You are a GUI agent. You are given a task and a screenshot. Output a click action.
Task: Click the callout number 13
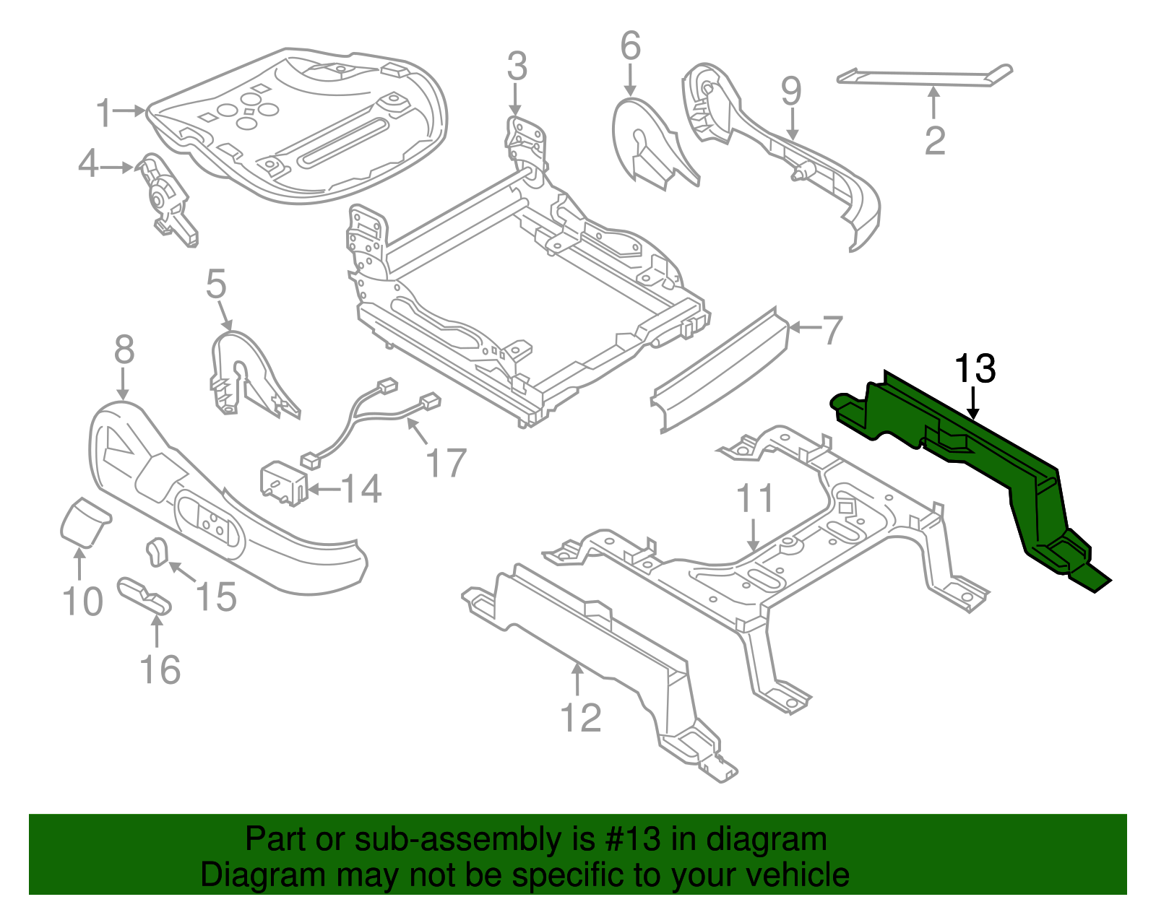point(975,368)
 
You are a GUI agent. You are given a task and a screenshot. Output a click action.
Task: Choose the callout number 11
point(755,499)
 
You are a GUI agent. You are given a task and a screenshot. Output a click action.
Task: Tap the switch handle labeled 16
point(144,594)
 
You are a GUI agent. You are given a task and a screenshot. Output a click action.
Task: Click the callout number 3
point(517,66)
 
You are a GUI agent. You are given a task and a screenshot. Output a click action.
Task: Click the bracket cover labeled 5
point(246,376)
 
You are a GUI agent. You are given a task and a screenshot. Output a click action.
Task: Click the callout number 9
point(791,92)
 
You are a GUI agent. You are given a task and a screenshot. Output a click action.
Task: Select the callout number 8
point(124,350)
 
